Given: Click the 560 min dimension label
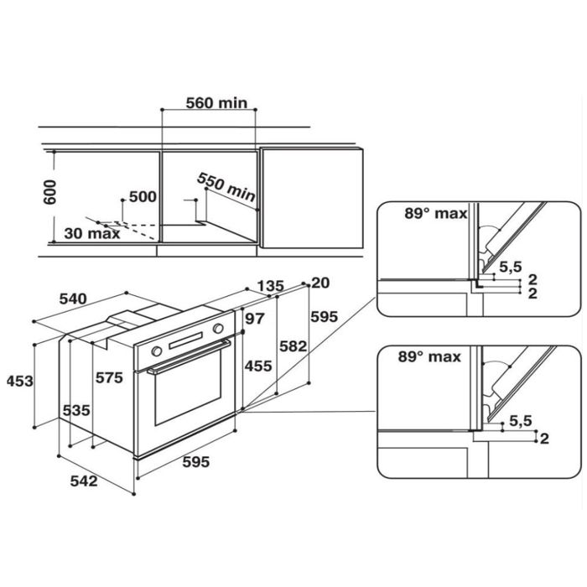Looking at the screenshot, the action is pyautogui.click(x=216, y=103).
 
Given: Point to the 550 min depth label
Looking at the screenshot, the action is pyautogui.click(x=226, y=186).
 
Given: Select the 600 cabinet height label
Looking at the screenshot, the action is pyautogui.click(x=49, y=192).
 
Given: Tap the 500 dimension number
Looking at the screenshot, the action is pyautogui.click(x=143, y=196).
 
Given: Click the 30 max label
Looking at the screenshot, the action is pyautogui.click(x=92, y=233).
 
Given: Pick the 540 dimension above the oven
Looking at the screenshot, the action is pyautogui.click(x=73, y=299).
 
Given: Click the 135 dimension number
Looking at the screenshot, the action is pyautogui.click(x=271, y=287).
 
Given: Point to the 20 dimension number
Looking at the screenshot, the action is pyautogui.click(x=320, y=283).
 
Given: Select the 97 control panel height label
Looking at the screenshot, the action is pyautogui.click(x=255, y=319).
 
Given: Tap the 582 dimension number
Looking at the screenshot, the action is pyautogui.click(x=293, y=346).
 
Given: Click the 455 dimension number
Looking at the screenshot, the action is pyautogui.click(x=258, y=366).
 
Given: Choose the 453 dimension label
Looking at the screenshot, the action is pyautogui.click(x=20, y=381).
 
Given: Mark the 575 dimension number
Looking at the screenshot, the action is pyautogui.click(x=109, y=377).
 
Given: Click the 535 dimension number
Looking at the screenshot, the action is pyautogui.click(x=76, y=411).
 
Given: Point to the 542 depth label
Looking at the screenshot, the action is pyautogui.click(x=84, y=481).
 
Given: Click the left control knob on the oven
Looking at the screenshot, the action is pyautogui.click(x=157, y=351).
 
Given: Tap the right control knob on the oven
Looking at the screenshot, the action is pyautogui.click(x=218, y=329).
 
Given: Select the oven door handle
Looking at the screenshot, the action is pyautogui.click(x=189, y=356).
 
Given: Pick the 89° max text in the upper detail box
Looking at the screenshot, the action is pyautogui.click(x=436, y=213).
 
